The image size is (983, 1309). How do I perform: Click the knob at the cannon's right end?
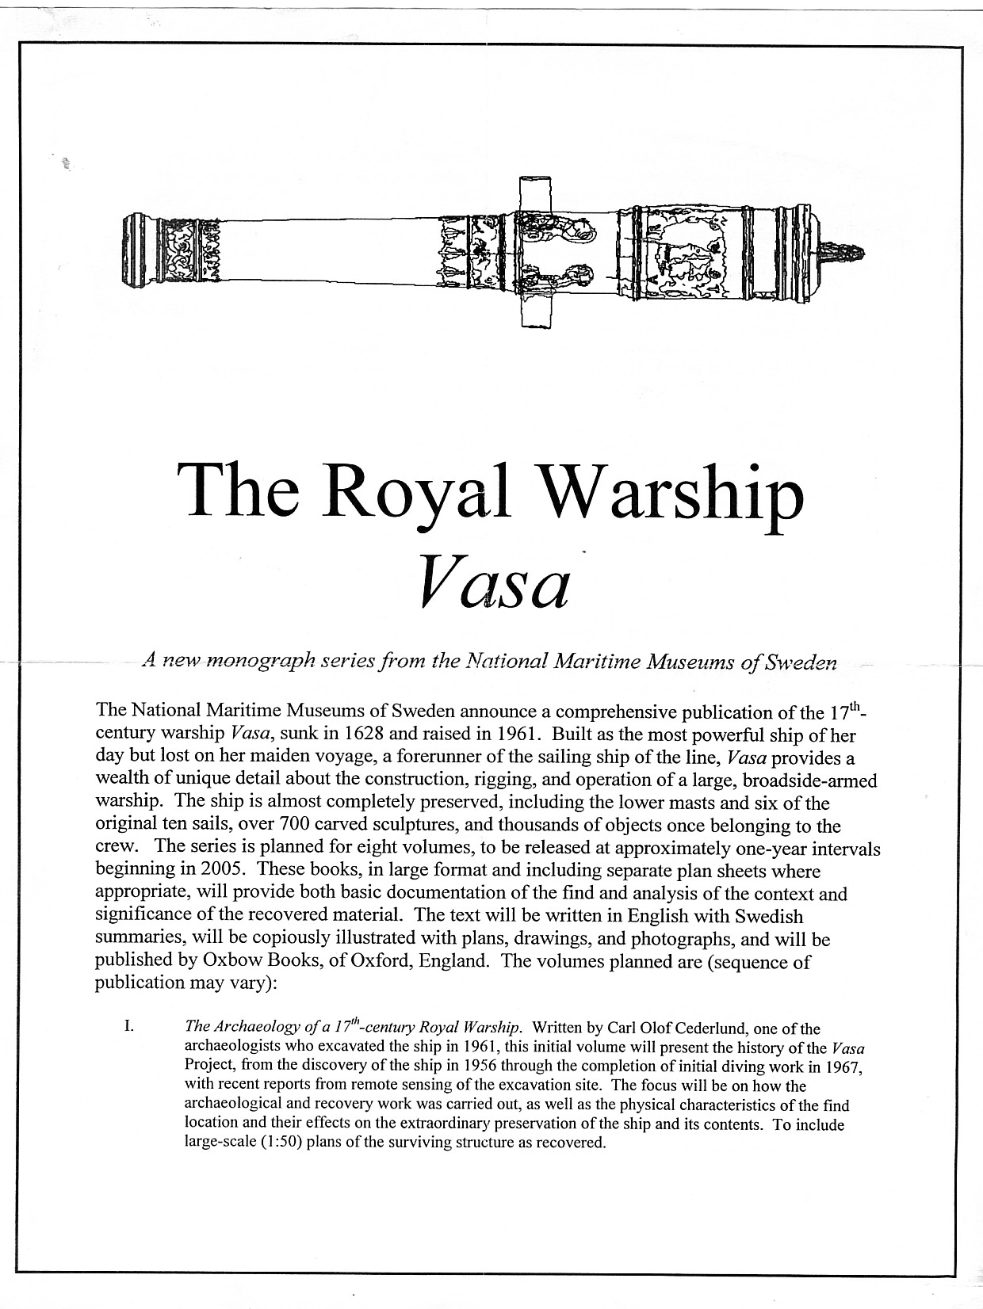pos(843,255)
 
